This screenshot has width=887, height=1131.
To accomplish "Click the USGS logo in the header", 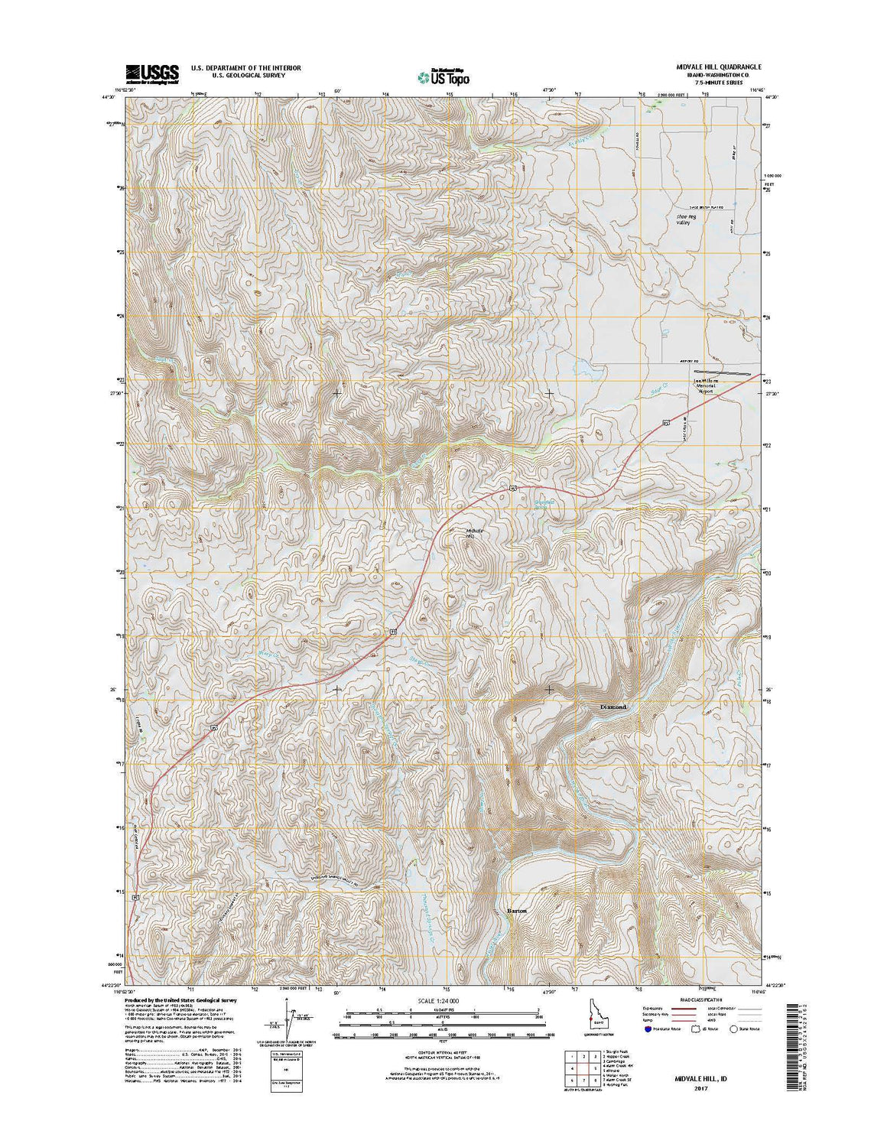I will coord(152,73).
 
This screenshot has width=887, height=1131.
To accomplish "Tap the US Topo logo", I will coord(443,76).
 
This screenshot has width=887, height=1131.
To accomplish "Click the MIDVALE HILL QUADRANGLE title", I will coord(708,67).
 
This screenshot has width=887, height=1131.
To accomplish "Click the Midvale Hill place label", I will coord(475,534).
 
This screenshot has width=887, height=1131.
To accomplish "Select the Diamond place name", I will coord(613,707).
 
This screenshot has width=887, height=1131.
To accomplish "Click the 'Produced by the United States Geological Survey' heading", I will coord(180,999).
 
